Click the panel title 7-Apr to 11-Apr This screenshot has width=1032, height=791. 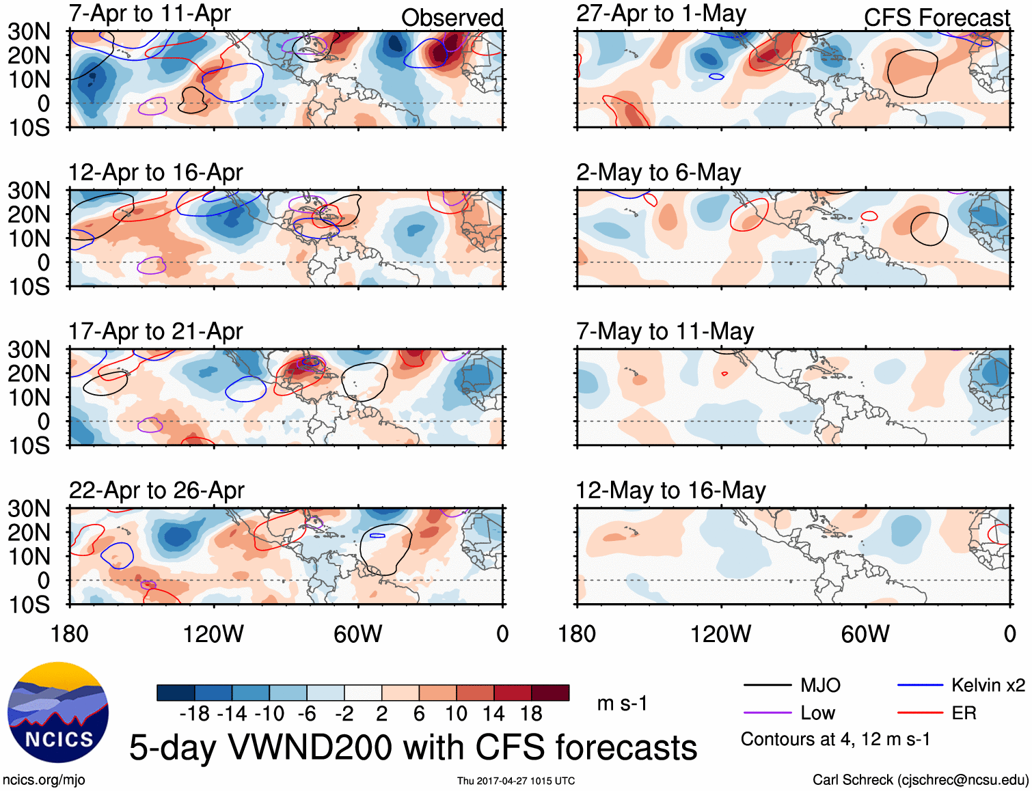150,14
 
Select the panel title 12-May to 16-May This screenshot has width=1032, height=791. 670,490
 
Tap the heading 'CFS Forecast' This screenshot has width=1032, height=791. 936,18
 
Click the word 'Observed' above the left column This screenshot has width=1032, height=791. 452,18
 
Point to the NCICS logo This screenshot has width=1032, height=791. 58,712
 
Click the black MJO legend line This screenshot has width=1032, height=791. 767,685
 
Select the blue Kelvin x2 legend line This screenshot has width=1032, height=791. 920,685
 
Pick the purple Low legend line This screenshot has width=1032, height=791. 767,713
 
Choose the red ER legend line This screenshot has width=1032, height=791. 920,713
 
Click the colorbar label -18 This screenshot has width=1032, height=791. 195,714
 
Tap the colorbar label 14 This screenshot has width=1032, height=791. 493,714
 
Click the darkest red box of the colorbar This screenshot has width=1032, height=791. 550,693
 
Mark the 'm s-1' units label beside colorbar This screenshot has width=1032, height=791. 622,704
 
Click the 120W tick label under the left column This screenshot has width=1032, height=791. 213,634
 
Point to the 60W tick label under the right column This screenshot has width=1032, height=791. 865,634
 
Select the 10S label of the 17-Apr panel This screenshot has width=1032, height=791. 30,445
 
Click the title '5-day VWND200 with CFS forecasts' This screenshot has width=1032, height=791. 413,747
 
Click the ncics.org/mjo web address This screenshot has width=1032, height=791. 44,780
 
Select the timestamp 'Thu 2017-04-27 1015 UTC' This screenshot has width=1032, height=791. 516,781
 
